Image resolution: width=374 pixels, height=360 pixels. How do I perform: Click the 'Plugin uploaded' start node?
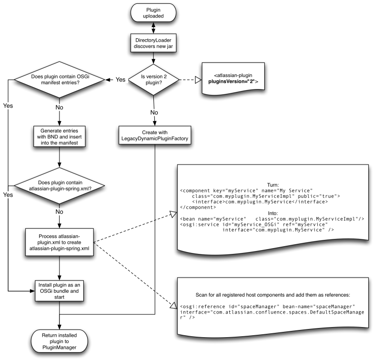pos(153,12)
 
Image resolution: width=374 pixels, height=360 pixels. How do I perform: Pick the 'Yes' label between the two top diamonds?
pos(120,79)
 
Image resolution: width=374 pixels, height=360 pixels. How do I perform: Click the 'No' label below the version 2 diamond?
pos(154,113)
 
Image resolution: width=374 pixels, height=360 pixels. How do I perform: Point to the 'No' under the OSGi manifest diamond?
pos(59,107)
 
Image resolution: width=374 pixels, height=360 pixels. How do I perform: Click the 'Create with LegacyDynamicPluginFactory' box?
pos(154,136)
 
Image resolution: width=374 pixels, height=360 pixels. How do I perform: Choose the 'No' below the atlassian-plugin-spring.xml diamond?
pos(59,211)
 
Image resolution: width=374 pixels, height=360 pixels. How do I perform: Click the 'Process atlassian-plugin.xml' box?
pos(59,242)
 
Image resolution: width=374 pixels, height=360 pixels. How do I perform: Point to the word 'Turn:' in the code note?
pos(273,185)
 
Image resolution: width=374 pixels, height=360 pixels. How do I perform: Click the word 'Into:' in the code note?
pos(273,213)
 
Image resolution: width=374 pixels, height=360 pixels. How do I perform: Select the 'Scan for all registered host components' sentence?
pos(273,295)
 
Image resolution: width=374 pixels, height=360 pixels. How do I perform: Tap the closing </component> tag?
pos(198,207)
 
